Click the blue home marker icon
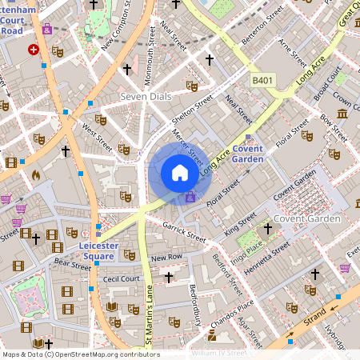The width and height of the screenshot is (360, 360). [x=180, y=173]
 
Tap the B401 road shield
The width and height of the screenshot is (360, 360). [x=262, y=80]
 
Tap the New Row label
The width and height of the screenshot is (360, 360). [x=167, y=258]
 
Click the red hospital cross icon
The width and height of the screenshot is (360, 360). [x=34, y=49]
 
